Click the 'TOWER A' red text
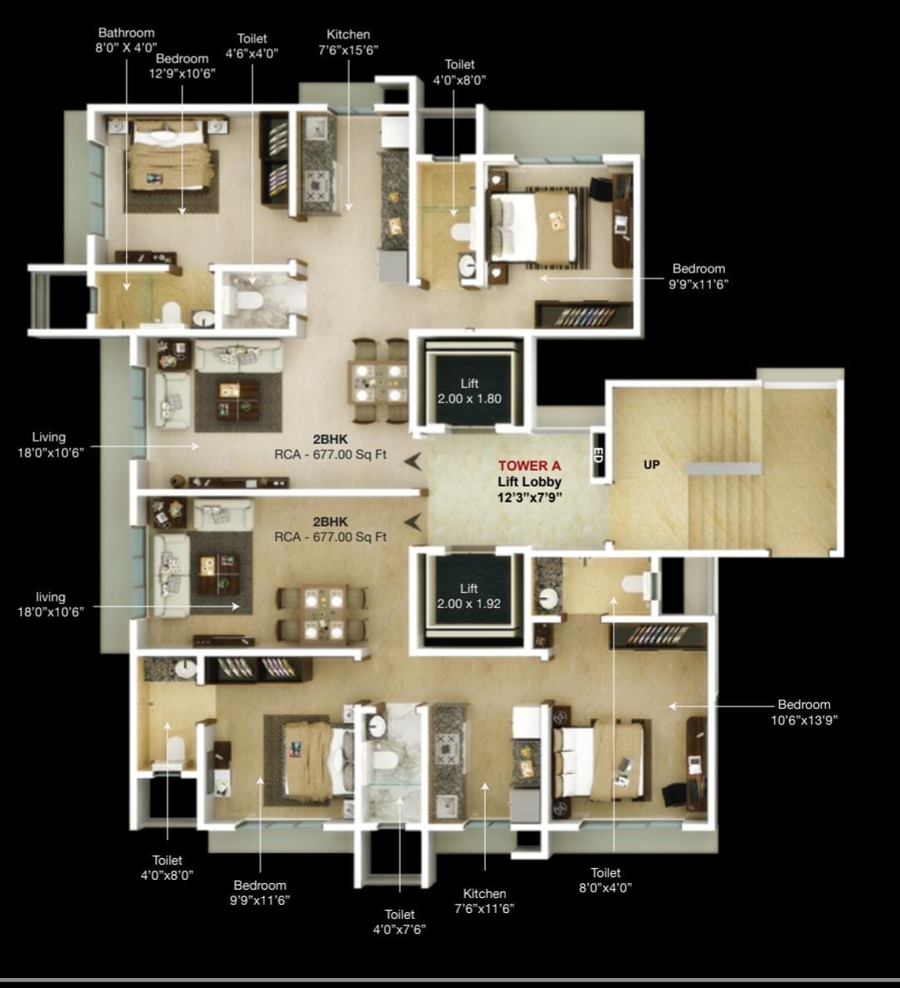[529, 466]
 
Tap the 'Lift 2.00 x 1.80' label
[469, 392]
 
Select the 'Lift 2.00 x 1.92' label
[469, 596]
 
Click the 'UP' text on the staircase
[652, 465]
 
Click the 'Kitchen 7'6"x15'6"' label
[347, 42]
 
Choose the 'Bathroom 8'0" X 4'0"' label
[126, 40]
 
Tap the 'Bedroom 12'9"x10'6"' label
[182, 66]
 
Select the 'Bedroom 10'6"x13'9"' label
[804, 712]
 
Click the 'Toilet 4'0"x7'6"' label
[399, 922]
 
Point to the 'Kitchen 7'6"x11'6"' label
[484, 901]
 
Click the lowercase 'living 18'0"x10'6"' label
[51, 604]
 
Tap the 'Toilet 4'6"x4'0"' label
[252, 46]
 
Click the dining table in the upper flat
[379, 381]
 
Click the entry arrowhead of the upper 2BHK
[413, 462]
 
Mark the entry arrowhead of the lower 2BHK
[413, 521]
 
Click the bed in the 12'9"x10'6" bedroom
[167, 157]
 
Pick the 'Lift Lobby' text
[529, 482]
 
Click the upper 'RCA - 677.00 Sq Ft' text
[330, 454]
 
